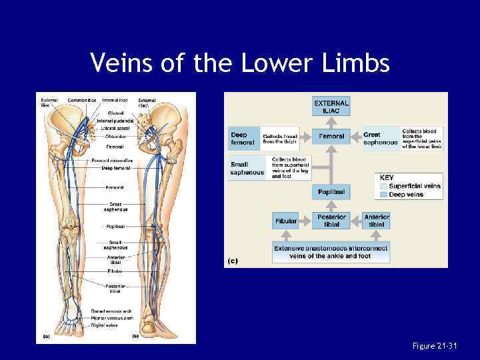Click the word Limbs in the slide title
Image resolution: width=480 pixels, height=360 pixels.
click(x=357, y=63)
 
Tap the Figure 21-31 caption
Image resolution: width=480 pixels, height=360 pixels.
click(x=434, y=345)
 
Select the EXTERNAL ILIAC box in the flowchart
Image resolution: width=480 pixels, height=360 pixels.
click(x=331, y=107)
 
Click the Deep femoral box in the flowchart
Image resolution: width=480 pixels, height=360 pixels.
click(x=243, y=139)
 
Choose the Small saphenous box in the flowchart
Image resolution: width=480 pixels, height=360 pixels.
click(x=247, y=169)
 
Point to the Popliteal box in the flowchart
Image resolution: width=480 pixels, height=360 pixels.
click(x=331, y=192)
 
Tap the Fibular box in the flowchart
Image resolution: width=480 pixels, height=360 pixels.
click(x=286, y=221)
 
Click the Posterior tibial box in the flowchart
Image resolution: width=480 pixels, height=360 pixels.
click(x=331, y=221)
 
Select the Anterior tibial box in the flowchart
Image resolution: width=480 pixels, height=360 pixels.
click(x=377, y=221)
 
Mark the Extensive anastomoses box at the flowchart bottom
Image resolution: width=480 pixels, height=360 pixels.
click(x=331, y=252)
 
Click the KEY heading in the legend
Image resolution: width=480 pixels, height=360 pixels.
click(x=387, y=178)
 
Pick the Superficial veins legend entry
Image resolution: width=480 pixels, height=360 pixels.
click(x=414, y=186)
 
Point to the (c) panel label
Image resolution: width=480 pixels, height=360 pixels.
click(x=233, y=261)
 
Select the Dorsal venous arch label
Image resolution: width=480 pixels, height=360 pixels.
click(x=111, y=311)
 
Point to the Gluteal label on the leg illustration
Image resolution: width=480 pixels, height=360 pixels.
click(x=115, y=114)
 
